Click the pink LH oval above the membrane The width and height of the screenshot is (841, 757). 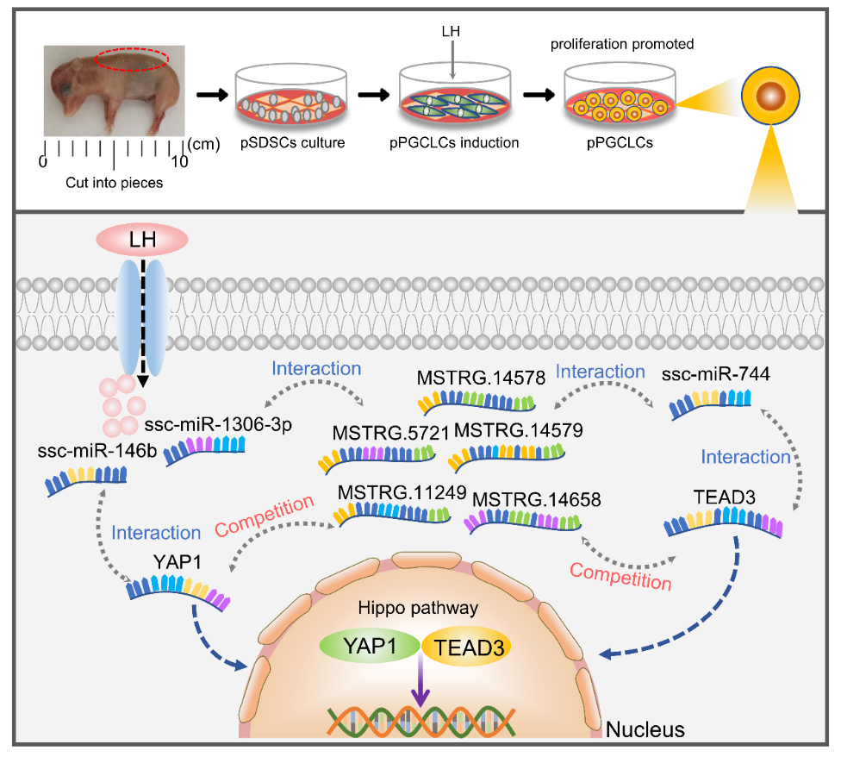click(x=144, y=239)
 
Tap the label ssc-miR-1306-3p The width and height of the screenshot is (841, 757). click(x=206, y=424)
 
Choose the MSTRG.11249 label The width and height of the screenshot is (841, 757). click(x=402, y=492)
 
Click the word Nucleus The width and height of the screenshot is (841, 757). click(x=645, y=730)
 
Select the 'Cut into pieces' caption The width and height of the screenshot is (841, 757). click(x=114, y=182)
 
